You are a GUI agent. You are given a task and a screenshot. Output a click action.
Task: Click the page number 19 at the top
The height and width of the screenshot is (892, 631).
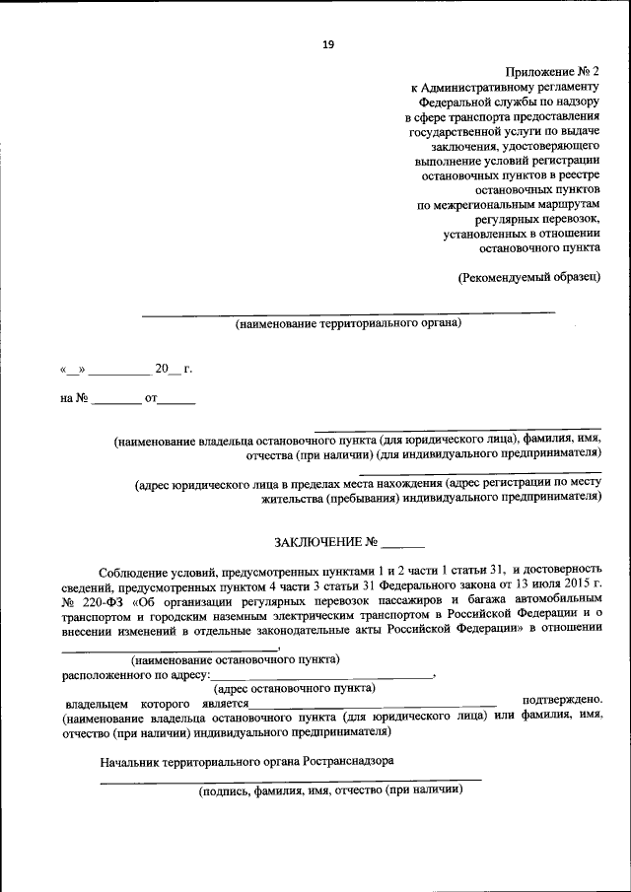(327, 43)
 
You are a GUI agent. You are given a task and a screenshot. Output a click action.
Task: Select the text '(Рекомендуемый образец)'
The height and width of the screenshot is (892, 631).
(528, 277)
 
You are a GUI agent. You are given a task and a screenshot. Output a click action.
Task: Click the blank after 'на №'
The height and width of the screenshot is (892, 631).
(117, 401)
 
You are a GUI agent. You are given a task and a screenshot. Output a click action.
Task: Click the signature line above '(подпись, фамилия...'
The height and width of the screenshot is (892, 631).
(292, 779)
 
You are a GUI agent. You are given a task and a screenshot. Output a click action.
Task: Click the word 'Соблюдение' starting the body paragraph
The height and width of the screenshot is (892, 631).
(133, 570)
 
